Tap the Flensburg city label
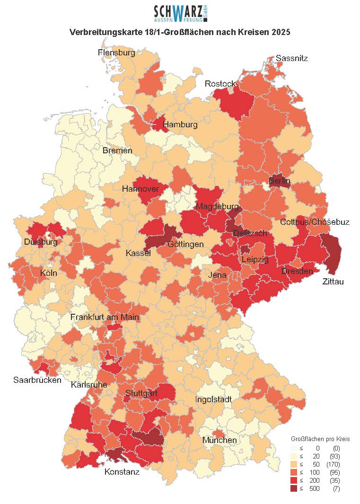pyautogui.click(x=116, y=53)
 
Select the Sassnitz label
pyautogui.click(x=292, y=58)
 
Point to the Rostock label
pyautogui.click(x=220, y=84)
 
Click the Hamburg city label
pyautogui.click(x=180, y=125)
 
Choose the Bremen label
pyautogui.click(x=117, y=150)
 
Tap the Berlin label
pyautogui.click(x=280, y=181)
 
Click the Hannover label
pyautogui.click(x=140, y=189)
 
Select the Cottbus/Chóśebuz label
pyautogui.click(x=315, y=222)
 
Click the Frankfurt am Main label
pyautogui.click(x=105, y=317)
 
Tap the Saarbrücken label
pyautogui.click(x=37, y=380)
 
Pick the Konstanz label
pyautogui.click(x=122, y=471)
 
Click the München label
pyautogui.click(x=220, y=440)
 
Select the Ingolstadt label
pyautogui.click(x=214, y=399)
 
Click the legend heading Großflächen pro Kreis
pyautogui.click(x=320, y=439)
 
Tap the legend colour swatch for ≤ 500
pyautogui.click(x=293, y=488)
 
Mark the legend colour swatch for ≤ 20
pyautogui.click(x=293, y=456)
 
